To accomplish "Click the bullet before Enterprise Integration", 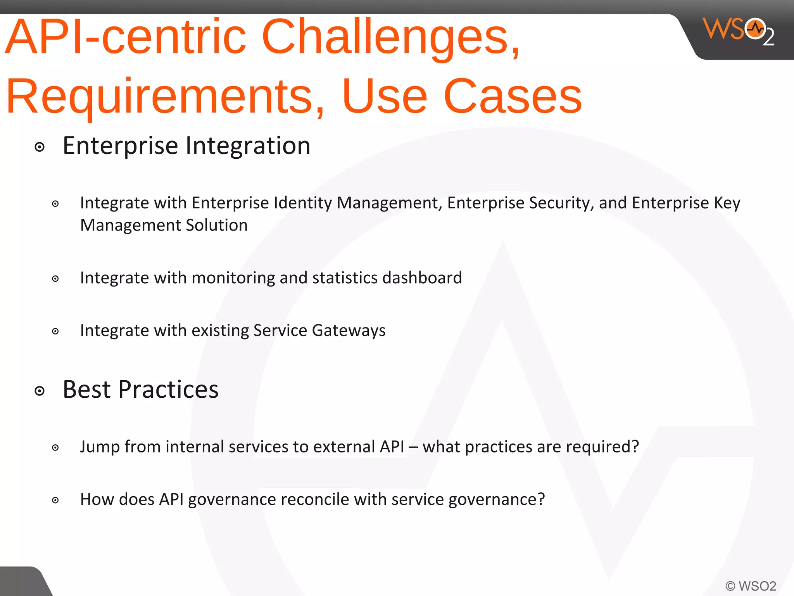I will point(40,147).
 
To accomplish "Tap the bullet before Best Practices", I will point(40,391).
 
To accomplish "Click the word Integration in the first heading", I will point(248,146).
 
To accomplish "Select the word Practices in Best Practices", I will point(168,390).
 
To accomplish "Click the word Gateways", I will point(349,331).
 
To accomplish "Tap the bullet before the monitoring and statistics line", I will point(55,279).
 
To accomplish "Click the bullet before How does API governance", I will point(55,500).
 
